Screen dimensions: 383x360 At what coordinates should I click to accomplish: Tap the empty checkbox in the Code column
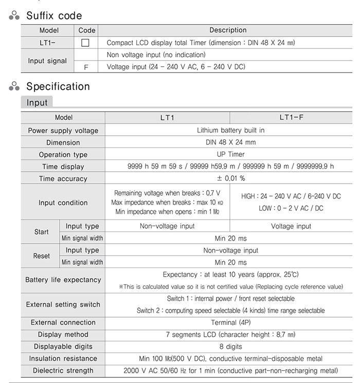click(x=85, y=43)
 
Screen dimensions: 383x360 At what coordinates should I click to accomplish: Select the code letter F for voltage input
click(x=85, y=67)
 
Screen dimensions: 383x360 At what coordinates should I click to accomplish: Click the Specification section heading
click(x=58, y=86)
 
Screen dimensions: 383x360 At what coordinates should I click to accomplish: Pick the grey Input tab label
click(x=37, y=103)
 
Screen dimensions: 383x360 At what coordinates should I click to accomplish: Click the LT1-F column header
click(x=292, y=118)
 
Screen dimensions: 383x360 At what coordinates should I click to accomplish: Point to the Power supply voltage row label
click(x=63, y=131)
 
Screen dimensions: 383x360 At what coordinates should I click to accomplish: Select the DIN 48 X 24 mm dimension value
click(x=227, y=142)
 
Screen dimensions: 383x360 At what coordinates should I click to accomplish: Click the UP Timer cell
click(x=227, y=154)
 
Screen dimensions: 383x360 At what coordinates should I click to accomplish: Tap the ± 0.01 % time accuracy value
click(x=227, y=178)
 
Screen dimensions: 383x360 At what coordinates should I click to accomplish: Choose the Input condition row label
click(x=63, y=203)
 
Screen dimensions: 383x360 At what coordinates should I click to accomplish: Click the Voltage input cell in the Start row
click(x=291, y=226)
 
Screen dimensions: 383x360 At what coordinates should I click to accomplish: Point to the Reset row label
click(x=42, y=256)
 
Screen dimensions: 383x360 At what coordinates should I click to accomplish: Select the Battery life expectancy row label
click(x=63, y=280)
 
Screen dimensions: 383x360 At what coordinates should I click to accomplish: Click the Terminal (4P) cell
click(x=227, y=323)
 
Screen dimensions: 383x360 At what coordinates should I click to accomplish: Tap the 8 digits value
click(x=227, y=346)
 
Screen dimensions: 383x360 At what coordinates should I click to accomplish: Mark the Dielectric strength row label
click(x=63, y=371)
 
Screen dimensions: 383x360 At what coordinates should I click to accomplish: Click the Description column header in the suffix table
click(x=227, y=30)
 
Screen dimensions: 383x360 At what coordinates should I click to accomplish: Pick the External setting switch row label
click(x=63, y=304)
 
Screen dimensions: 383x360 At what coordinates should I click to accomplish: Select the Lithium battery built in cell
click(x=227, y=131)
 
